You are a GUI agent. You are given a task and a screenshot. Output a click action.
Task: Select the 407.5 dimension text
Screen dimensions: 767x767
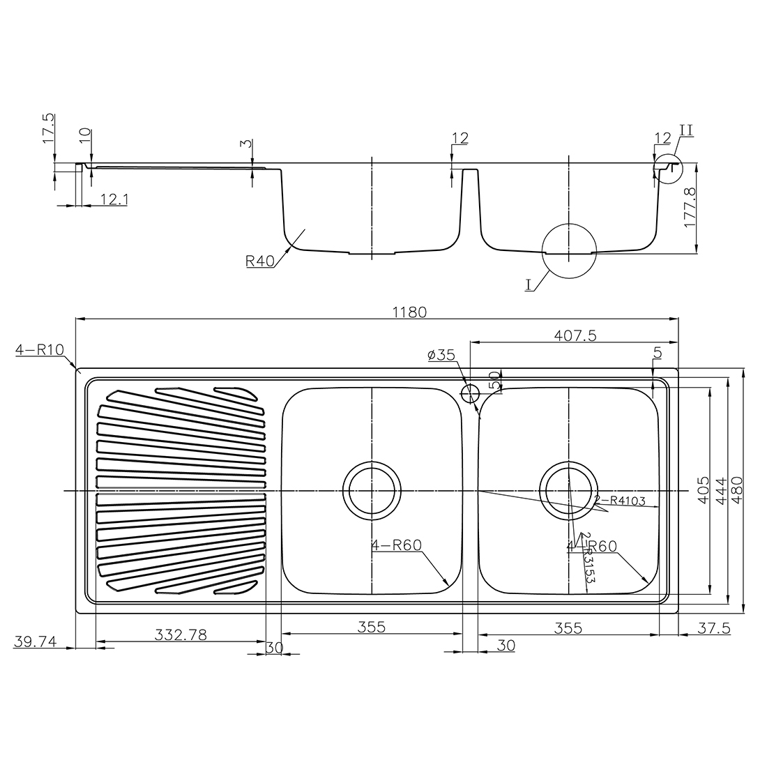pos(577,335)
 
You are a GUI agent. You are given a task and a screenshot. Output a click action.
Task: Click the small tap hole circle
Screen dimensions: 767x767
pos(470,394)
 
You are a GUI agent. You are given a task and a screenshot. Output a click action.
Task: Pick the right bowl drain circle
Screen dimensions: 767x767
pos(569,491)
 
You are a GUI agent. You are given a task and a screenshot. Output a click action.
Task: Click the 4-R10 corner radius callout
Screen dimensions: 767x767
pos(40,350)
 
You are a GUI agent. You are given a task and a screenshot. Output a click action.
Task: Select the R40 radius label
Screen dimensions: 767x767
pos(259,261)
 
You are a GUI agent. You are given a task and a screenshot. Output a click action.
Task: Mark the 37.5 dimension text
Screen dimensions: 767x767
pos(713,628)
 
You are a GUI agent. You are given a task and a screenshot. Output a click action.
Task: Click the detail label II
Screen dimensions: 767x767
pos(685,130)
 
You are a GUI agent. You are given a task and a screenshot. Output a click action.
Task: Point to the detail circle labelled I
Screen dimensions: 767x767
pos(570,251)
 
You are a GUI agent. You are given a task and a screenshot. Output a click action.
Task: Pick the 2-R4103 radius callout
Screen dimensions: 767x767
pos(620,500)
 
